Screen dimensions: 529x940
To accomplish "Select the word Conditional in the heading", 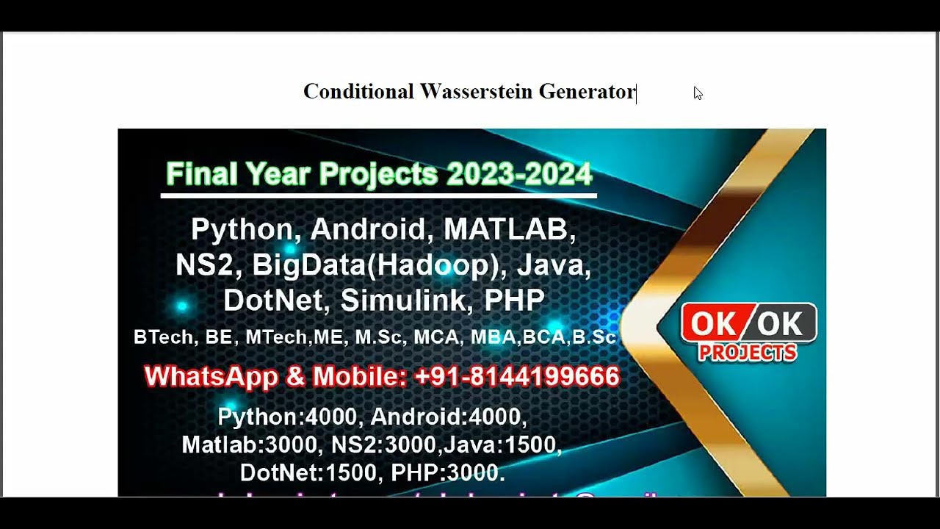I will pos(358,92).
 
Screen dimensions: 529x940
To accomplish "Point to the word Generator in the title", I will pos(587,92).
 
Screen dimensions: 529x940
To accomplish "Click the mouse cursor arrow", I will pos(698,93).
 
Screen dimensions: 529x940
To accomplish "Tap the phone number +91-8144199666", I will pos(517,377).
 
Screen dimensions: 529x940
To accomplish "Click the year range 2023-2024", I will pos(518,175).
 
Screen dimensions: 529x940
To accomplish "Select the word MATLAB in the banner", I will pos(510,229).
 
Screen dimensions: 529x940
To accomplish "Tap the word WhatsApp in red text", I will pos(211,377).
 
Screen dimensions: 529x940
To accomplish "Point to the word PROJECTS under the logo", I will pos(748,353).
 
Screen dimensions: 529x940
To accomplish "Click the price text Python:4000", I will pos(287,417).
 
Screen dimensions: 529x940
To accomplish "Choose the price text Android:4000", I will pos(449,417).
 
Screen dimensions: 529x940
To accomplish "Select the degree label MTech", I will pos(276,337).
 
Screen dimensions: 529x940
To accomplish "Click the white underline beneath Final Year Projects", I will pos(378,195).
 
